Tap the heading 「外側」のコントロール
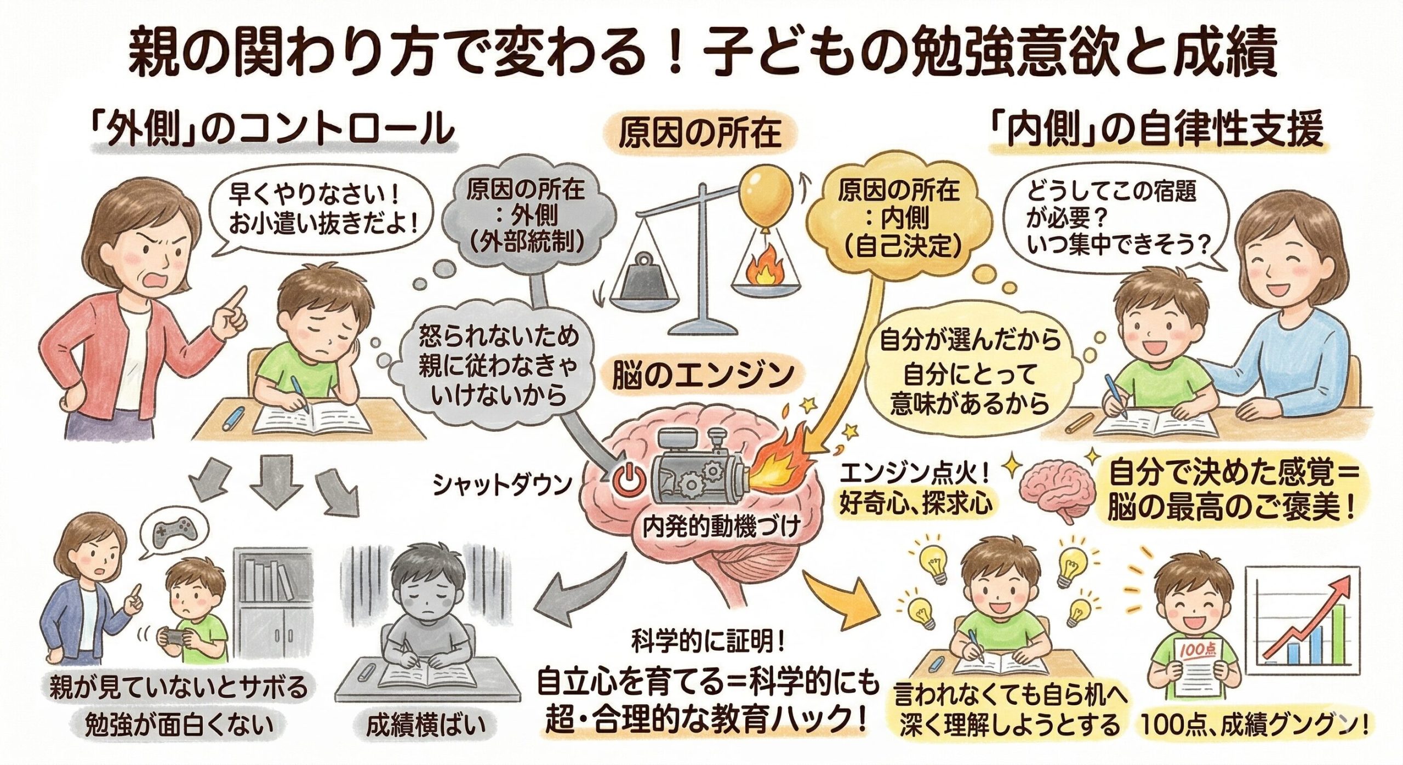[275, 130]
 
